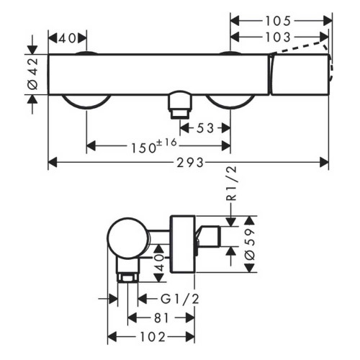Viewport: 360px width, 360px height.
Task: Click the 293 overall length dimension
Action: [x=189, y=163]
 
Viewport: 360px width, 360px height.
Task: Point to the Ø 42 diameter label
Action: [x=32, y=75]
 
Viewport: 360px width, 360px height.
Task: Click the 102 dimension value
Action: [x=150, y=336]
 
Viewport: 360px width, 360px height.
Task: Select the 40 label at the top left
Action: [x=67, y=37]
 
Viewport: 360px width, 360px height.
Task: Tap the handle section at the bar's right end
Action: [x=300, y=73]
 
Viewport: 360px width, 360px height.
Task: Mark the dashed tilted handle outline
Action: [x=302, y=49]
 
